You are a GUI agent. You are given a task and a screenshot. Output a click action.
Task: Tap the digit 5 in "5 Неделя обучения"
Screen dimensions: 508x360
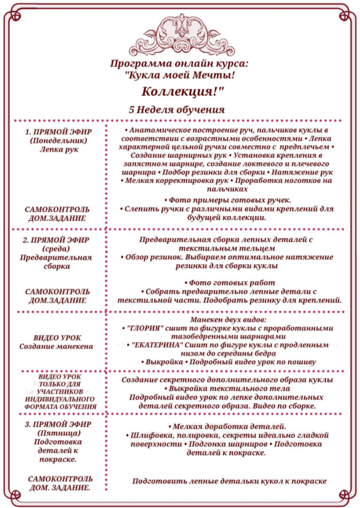pos(132,110)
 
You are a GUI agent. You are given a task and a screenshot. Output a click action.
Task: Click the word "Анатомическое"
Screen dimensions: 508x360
pos(162,131)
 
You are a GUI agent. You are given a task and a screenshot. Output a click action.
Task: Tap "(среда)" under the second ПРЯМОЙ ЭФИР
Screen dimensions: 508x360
pos(58,248)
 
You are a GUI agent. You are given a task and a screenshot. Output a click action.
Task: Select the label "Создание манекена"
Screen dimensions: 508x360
pos(56,346)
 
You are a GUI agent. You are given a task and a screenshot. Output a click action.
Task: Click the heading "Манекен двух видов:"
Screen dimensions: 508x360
pos(228,319)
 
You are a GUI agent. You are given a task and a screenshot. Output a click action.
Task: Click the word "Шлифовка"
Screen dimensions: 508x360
pos(152,436)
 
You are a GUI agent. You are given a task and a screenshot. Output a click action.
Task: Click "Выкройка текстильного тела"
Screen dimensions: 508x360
pos(228,388)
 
